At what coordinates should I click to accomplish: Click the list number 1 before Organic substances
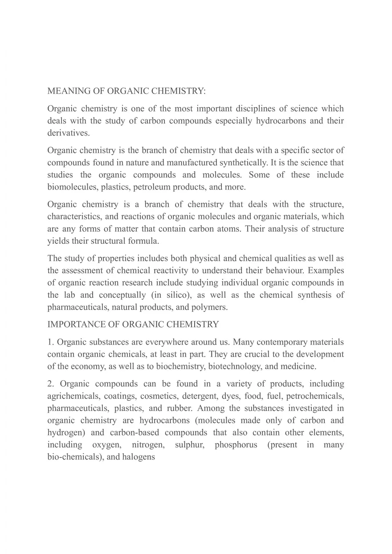point(50,342)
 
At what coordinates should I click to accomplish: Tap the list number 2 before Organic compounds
point(51,384)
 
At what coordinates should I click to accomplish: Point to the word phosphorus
point(236,444)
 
